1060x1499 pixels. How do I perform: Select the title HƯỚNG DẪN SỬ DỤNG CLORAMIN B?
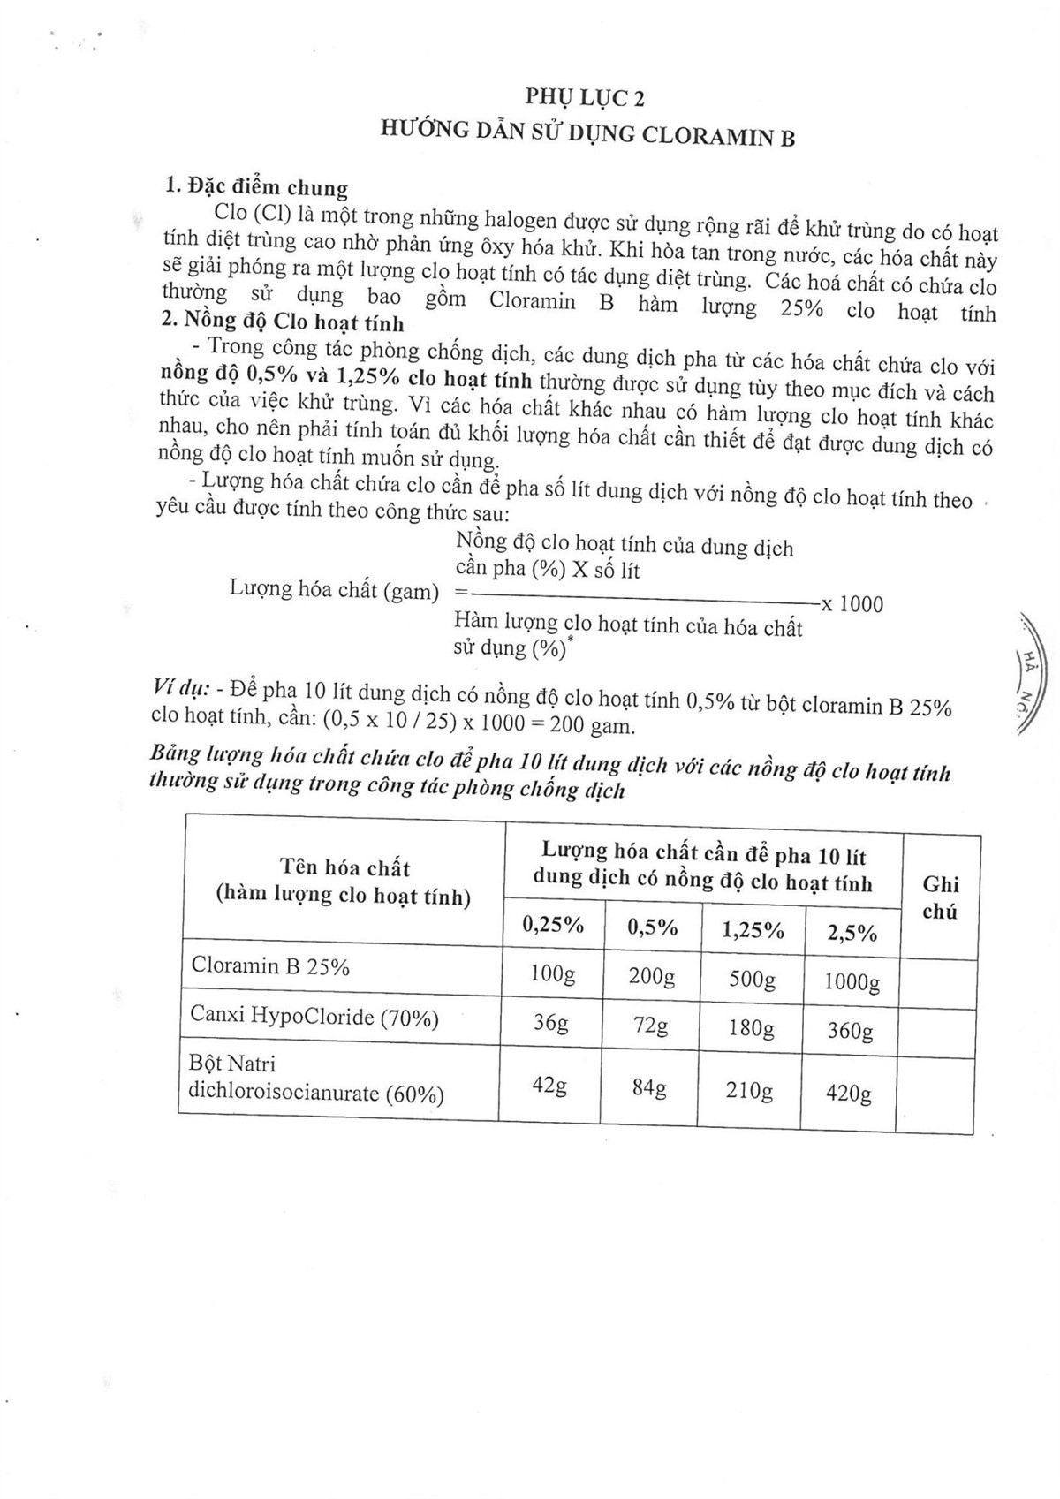[587, 133]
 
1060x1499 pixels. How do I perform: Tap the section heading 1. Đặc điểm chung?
[257, 187]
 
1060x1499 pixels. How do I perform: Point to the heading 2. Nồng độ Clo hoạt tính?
[284, 322]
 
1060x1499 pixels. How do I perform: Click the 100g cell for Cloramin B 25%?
[553, 974]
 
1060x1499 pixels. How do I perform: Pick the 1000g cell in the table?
[852, 981]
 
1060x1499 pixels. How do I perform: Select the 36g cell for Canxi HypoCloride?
[550, 1023]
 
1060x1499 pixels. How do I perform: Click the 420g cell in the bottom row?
[848, 1094]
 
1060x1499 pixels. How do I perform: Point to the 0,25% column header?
[554, 925]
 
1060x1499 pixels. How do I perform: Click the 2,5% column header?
[852, 933]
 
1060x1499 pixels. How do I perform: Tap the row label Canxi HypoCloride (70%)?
[314, 1018]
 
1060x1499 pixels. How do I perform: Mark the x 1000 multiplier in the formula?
[852, 604]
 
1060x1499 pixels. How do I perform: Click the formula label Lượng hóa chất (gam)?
[334, 590]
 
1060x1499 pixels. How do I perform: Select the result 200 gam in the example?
[592, 726]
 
